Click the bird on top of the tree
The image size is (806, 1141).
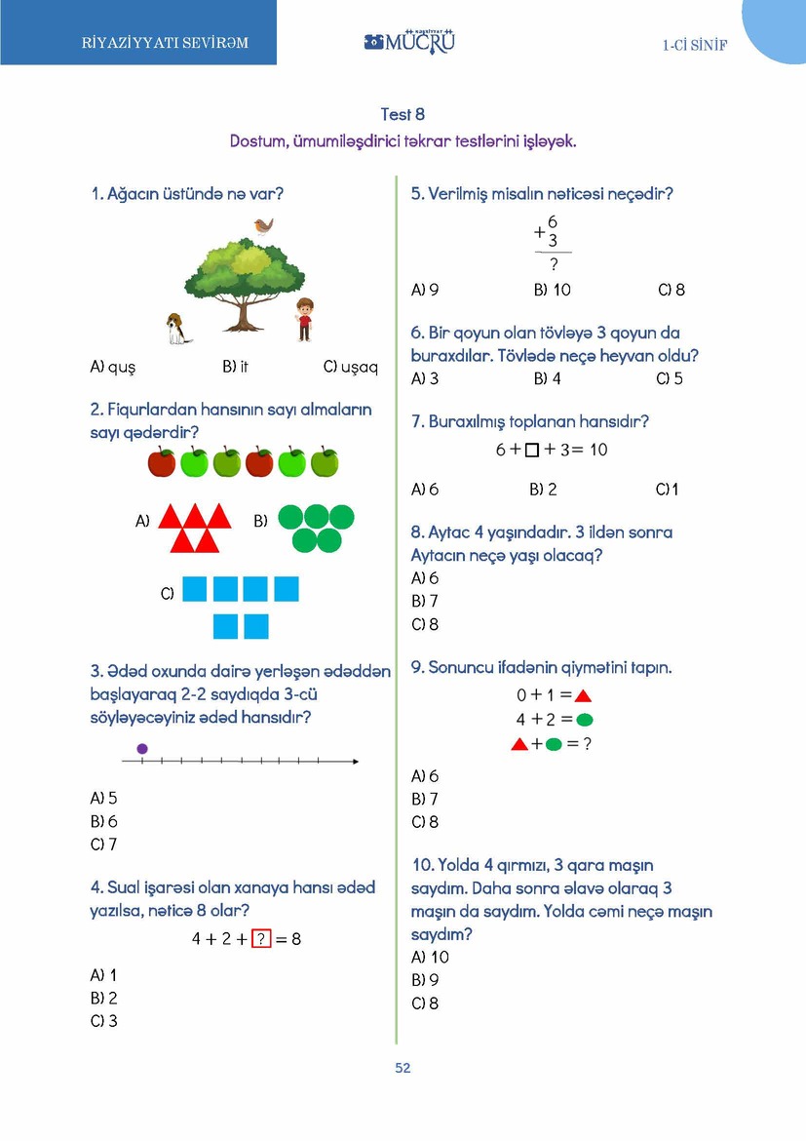pos(262,226)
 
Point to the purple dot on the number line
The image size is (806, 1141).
pos(142,749)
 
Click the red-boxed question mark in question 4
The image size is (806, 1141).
pos(260,939)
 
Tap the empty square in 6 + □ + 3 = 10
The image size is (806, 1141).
pos(531,451)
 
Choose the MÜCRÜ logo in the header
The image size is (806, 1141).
pos(409,42)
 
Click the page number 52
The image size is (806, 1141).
pos(403,1068)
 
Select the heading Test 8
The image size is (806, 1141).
pos(403,115)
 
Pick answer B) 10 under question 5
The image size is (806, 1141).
pos(552,290)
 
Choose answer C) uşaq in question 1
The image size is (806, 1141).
pos(350,367)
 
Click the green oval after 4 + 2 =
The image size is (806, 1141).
pos(585,720)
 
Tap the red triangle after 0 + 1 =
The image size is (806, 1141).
pos(583,696)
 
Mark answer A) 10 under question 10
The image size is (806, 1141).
pos(430,957)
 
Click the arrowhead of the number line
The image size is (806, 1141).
pos(355,761)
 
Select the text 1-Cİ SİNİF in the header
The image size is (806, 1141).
pos(695,45)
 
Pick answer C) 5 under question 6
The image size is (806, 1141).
pos(670,378)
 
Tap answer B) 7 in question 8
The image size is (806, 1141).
pos(425,601)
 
